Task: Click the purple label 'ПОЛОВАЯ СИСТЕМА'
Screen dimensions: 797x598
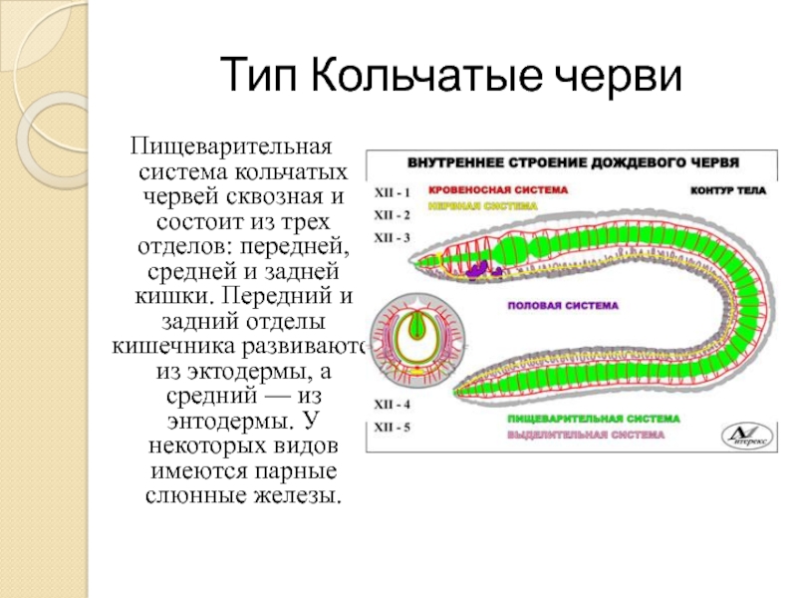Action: pos(564,305)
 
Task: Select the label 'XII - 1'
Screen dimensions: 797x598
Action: pos(392,188)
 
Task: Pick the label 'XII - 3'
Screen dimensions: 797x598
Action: pos(392,238)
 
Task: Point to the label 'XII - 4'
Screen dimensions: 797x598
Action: pos(392,406)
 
